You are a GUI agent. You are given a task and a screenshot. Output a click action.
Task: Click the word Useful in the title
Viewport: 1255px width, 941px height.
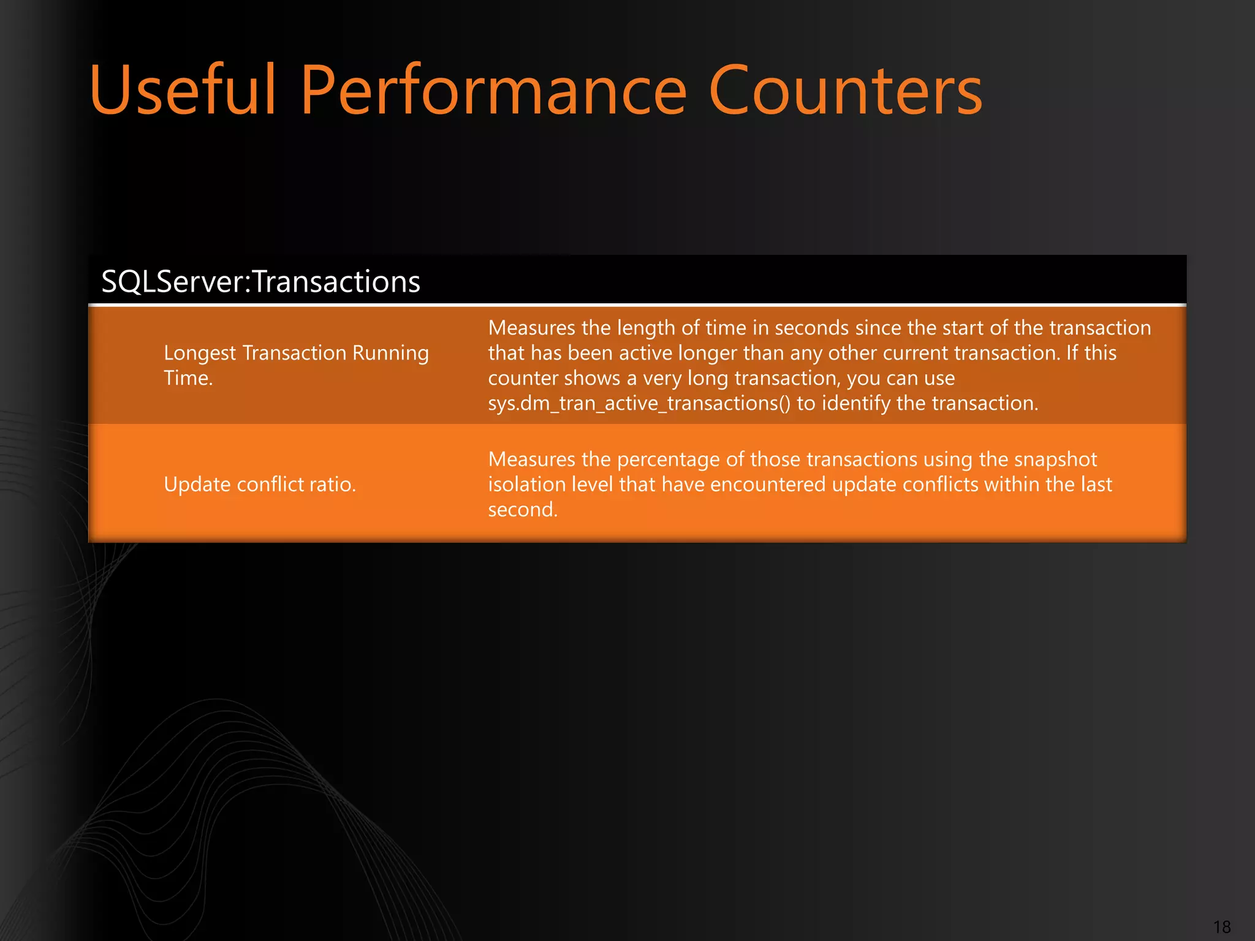pos(183,91)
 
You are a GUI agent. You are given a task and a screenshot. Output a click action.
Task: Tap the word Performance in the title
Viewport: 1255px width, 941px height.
pos(493,91)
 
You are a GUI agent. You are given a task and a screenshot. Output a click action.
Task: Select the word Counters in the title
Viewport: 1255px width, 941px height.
pos(845,91)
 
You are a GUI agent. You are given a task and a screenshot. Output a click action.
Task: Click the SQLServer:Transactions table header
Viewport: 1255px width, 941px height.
pos(260,282)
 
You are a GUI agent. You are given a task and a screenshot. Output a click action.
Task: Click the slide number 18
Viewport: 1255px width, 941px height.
pos(1221,927)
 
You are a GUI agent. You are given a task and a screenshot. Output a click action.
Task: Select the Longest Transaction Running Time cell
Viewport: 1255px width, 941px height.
pos(296,365)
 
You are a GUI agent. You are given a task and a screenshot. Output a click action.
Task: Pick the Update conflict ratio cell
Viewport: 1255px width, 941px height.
pos(260,485)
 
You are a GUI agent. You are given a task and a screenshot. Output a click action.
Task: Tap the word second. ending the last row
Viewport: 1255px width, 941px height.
pos(523,510)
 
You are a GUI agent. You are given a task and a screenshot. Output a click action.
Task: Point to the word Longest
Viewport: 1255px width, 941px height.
pos(200,353)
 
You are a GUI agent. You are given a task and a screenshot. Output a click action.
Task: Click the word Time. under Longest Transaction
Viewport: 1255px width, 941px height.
pos(188,378)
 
